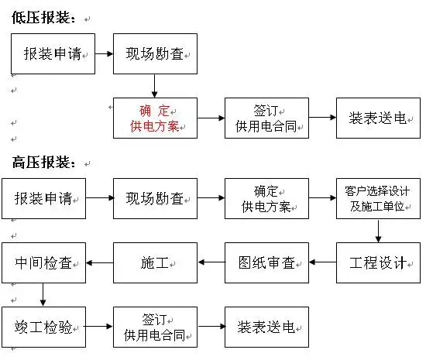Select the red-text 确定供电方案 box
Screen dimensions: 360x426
(155, 118)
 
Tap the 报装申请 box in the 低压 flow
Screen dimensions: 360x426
(53, 54)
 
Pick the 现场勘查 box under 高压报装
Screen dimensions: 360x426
(155, 198)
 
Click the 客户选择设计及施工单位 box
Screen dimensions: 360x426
(378, 198)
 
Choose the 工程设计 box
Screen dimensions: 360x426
(378, 262)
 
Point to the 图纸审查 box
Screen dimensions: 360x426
(266, 262)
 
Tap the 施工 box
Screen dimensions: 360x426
(155, 262)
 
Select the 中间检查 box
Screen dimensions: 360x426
(43, 262)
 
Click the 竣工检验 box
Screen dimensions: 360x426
(43, 327)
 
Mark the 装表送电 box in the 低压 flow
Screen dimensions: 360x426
(378, 118)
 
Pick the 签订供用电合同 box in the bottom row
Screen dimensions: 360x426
(155, 327)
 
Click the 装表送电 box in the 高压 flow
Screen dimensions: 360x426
(266, 327)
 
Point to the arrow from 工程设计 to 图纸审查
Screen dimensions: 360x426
(322, 262)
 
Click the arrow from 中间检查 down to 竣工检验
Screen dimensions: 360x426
(43, 294)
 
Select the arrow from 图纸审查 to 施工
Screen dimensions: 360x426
(211, 262)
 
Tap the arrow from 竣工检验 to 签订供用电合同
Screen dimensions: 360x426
(99, 327)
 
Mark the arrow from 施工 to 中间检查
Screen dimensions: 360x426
(99, 262)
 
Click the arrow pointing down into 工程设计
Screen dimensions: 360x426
(378, 231)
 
